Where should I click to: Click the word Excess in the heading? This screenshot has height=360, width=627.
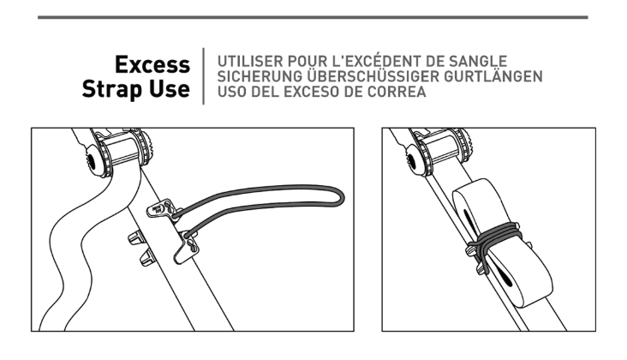[152, 64]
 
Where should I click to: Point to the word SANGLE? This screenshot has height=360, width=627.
[478, 62]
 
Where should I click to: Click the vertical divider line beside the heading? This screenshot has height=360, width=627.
[204, 76]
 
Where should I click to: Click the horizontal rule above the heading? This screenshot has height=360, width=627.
[313, 17]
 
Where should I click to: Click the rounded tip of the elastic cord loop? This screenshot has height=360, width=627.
[343, 197]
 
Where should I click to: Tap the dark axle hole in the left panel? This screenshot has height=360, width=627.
[91, 161]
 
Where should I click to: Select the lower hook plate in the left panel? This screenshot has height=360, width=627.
[187, 247]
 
